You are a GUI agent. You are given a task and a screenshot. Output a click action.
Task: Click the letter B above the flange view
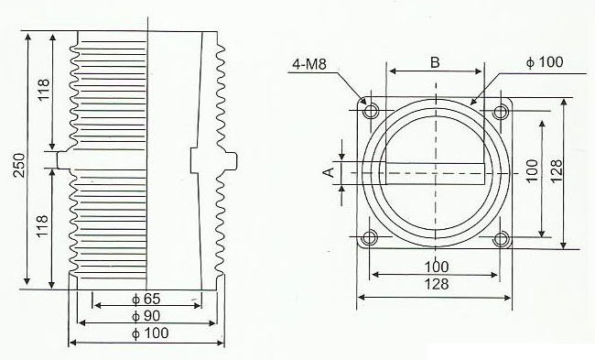point(435,62)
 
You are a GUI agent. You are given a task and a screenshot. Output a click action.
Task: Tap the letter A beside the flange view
point(327,170)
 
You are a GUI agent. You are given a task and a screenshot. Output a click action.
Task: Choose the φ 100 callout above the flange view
point(546,62)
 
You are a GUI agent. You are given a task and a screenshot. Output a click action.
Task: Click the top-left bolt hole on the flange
point(371,112)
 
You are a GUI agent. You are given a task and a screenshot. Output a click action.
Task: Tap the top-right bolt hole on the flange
point(500,112)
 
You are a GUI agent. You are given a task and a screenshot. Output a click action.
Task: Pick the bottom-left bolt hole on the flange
point(371,240)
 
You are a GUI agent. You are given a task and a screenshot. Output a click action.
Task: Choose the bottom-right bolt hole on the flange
point(500,240)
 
